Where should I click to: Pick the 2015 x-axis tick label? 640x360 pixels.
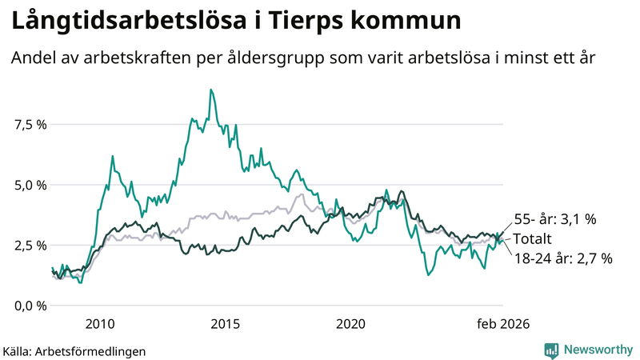(225, 324)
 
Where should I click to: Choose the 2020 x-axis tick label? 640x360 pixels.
(350, 324)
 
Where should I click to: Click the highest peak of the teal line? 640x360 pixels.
(210, 90)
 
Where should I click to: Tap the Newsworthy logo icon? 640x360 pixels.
(551, 350)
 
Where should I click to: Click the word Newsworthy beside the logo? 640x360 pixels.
(598, 350)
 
